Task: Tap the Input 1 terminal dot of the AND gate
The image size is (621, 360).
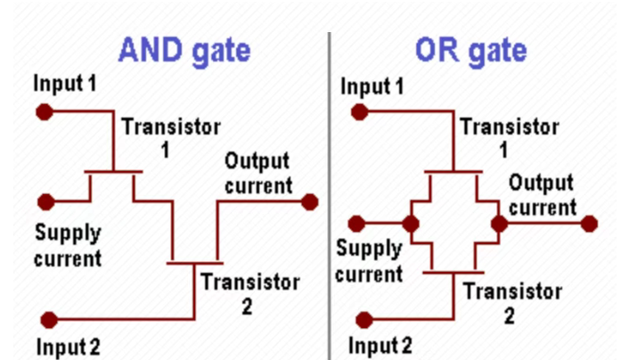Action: (42, 112)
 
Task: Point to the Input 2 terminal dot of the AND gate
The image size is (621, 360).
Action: (50, 318)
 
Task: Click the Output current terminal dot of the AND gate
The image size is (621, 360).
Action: (309, 202)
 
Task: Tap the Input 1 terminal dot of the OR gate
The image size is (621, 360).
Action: (358, 112)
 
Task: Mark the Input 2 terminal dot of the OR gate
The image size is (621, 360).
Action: (364, 318)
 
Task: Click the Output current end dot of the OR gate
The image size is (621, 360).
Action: (589, 222)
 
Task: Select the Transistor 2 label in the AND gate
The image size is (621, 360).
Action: (249, 294)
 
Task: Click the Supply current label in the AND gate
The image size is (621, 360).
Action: (68, 246)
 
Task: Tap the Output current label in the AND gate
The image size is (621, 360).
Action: (257, 173)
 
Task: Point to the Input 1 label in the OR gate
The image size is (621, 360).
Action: (380, 86)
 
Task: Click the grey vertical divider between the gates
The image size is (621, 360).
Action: (329, 196)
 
